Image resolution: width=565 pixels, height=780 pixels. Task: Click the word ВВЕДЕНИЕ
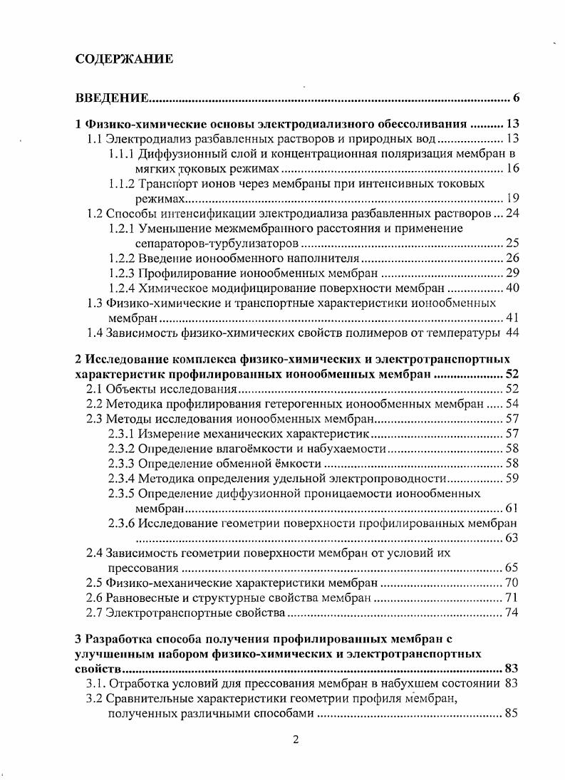point(111,98)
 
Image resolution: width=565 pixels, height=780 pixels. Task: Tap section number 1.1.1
point(123,153)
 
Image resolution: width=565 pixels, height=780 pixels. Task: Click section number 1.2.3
point(123,273)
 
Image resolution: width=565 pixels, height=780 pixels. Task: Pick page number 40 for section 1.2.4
point(511,288)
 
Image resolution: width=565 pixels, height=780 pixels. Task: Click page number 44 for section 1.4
point(512,333)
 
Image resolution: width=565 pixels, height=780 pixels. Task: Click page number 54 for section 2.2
point(511,404)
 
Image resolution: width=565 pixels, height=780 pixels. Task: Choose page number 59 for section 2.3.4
point(511,478)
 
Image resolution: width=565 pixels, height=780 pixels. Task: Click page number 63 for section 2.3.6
point(511,538)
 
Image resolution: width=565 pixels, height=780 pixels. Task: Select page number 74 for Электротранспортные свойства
point(511,613)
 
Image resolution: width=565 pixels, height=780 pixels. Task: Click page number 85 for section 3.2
point(511,713)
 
